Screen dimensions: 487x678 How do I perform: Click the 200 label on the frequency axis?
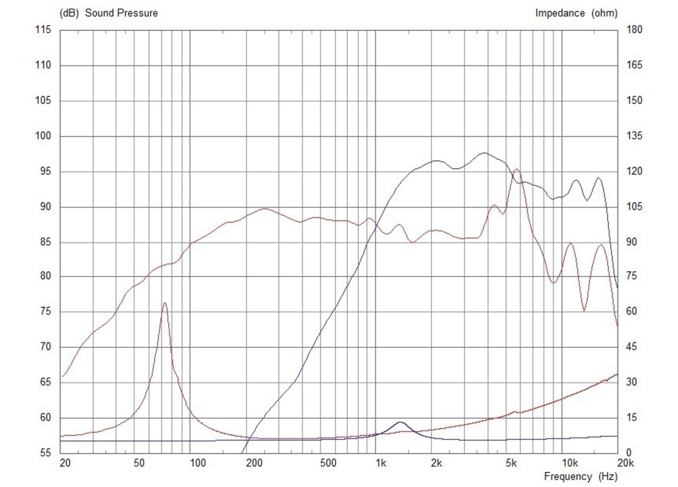pos(254,462)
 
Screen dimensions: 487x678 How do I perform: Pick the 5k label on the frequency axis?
pos(510,462)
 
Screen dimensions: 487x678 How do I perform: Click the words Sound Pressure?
pos(121,13)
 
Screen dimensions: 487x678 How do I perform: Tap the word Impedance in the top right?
pos(560,13)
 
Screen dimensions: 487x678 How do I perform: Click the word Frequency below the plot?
pos(568,476)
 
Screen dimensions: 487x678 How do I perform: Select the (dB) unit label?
pos(70,13)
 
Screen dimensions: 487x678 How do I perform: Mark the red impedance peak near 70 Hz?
pos(165,303)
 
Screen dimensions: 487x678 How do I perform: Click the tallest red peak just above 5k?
pos(516,169)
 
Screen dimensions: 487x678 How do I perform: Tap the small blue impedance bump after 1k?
pos(401,421)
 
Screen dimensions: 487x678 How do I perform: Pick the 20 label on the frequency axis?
pos(64,462)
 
